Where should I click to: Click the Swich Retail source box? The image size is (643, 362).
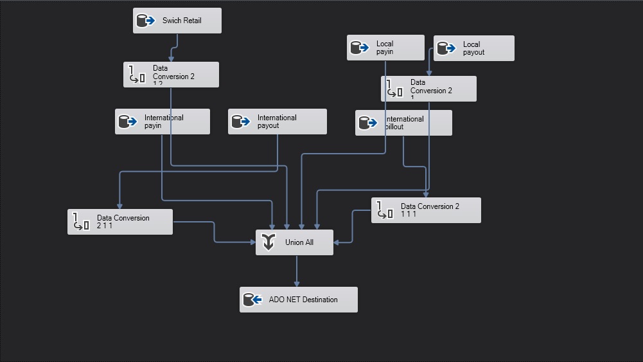[x=177, y=21]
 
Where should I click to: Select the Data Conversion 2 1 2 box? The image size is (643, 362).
[x=171, y=75]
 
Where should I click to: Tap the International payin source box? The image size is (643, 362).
[x=162, y=122]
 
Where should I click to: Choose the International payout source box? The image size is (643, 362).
[x=277, y=122]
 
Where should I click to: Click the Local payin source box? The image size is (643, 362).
[x=385, y=48]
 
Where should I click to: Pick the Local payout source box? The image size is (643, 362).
[x=473, y=48]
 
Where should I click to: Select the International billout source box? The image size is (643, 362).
[x=403, y=123]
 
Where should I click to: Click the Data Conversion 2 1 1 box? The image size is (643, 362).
[x=120, y=222]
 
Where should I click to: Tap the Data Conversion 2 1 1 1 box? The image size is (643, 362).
[x=426, y=210]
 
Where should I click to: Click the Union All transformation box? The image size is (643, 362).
[x=294, y=242]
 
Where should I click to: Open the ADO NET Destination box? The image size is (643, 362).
[x=298, y=300]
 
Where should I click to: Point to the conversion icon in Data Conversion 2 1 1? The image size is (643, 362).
[x=81, y=222]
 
